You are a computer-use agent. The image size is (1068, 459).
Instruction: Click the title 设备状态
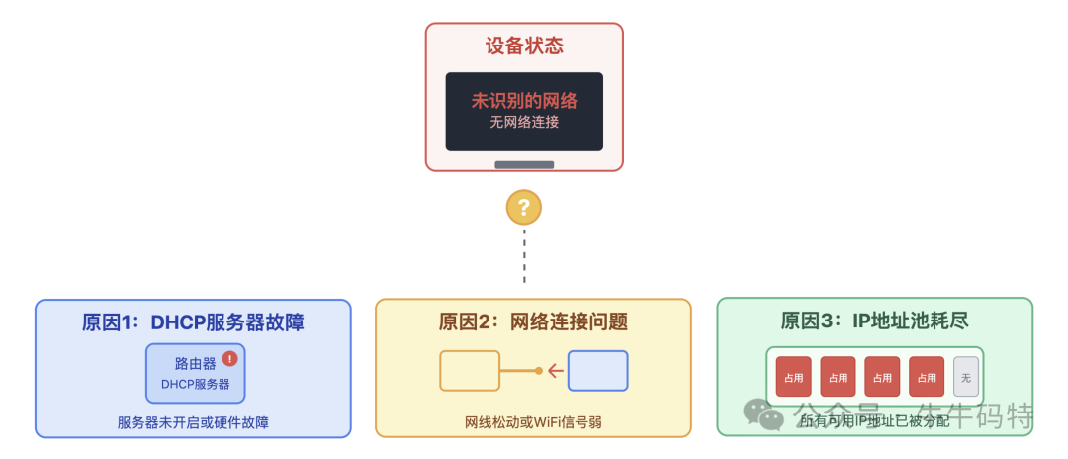524,46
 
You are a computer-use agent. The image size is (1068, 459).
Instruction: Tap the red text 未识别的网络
524,101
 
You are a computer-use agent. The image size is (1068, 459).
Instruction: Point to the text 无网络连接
524,123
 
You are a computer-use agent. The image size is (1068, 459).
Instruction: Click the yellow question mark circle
524,208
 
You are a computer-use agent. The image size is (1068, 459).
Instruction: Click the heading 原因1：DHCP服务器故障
193,322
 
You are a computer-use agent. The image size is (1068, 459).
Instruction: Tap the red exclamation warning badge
230,359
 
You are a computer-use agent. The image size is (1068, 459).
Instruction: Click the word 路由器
195,364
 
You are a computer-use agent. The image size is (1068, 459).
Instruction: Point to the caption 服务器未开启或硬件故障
193,422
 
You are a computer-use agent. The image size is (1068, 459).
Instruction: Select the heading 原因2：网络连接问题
533,322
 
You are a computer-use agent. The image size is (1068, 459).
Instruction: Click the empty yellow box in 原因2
469,371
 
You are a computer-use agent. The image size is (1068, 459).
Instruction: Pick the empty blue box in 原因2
597,371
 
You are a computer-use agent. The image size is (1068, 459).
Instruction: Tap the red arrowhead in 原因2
555,372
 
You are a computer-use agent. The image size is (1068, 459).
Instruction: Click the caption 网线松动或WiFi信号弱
533,422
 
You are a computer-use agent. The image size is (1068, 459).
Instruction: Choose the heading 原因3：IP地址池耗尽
874,322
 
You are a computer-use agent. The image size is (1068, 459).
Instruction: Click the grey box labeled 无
966,377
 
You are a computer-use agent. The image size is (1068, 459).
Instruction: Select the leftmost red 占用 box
793,377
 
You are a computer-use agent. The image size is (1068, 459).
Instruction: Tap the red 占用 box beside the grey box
927,377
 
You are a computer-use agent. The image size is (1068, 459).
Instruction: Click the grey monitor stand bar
524,164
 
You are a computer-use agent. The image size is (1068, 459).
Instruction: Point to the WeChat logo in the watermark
764,414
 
